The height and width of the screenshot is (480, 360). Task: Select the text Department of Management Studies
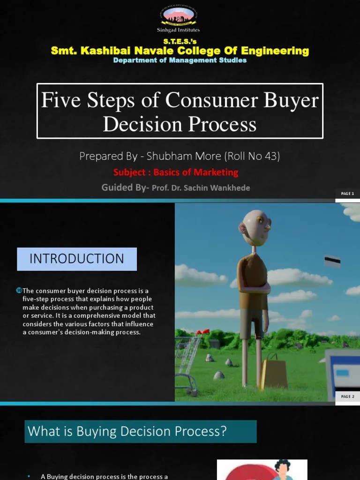(x=180, y=60)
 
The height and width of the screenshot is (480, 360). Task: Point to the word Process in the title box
(x=225, y=124)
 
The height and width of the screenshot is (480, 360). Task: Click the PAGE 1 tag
(x=347, y=193)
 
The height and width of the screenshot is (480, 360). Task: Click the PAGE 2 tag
(x=347, y=396)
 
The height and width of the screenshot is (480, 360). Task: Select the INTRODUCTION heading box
(x=77, y=259)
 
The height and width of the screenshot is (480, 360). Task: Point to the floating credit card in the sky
(x=332, y=261)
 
